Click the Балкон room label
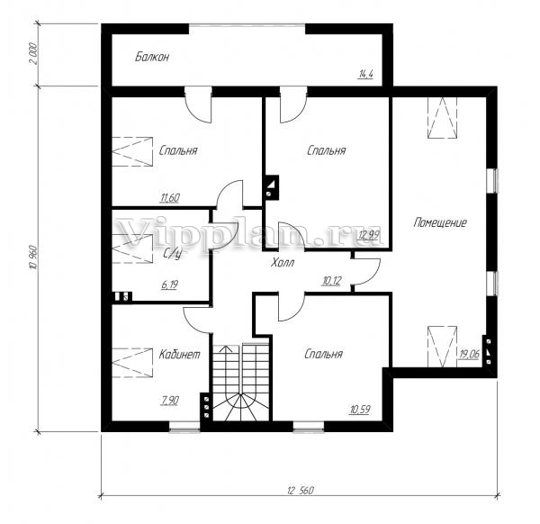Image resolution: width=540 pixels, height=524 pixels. (x=152, y=57)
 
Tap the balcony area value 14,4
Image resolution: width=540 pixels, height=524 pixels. (x=366, y=74)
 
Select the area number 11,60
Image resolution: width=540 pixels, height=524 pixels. (x=170, y=198)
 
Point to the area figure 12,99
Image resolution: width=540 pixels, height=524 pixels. (x=369, y=235)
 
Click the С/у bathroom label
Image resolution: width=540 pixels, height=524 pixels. (x=172, y=254)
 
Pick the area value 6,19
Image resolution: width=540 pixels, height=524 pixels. (x=170, y=285)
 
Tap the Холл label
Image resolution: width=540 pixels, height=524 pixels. (x=283, y=263)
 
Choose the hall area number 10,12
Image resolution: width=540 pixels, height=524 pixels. (x=331, y=281)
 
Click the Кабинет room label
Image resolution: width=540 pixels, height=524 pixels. (x=179, y=355)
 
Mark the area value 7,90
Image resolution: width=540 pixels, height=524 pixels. (x=169, y=401)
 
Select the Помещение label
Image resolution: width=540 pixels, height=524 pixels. (x=440, y=222)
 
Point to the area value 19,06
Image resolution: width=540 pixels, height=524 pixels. (x=470, y=354)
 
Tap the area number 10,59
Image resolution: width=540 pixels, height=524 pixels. (x=360, y=410)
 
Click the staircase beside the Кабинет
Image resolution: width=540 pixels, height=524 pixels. (x=240, y=382)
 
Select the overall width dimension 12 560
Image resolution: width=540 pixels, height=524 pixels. (x=301, y=491)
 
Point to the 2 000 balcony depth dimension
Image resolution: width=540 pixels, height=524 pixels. (x=33, y=54)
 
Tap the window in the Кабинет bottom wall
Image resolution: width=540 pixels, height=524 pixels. (x=184, y=429)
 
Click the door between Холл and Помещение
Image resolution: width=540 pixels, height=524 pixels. (x=367, y=272)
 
